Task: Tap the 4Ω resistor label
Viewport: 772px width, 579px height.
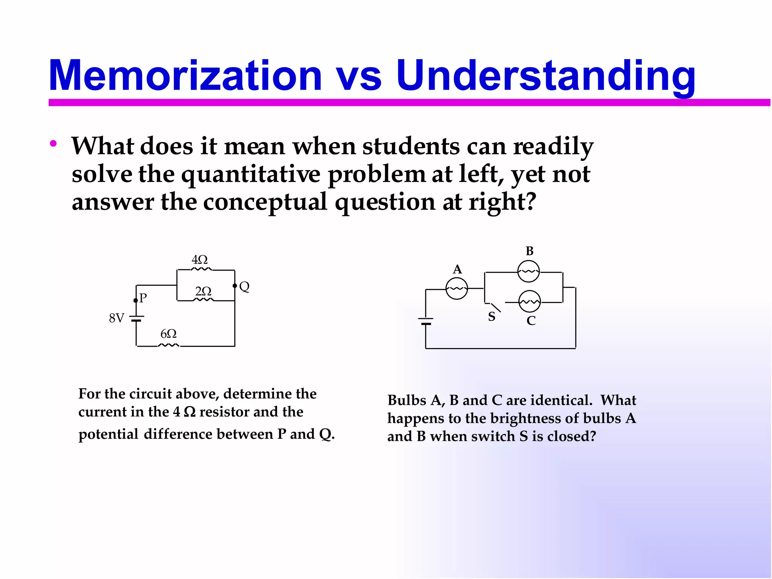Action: click(199, 260)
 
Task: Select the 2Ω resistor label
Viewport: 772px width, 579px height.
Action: click(203, 291)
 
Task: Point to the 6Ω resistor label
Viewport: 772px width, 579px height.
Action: click(168, 334)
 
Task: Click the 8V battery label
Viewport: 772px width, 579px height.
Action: click(116, 318)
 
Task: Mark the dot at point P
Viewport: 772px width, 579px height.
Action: click(136, 300)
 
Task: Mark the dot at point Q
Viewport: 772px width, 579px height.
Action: click(235, 286)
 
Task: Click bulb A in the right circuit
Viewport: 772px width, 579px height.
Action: click(456, 289)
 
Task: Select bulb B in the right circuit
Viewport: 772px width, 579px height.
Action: click(528, 271)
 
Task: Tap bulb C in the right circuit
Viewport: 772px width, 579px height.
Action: click(530, 302)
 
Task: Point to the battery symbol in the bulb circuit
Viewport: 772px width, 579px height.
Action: click(426, 322)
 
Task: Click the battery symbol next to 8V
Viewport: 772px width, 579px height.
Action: click(136, 319)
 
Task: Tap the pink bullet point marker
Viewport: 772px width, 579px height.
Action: click(53, 143)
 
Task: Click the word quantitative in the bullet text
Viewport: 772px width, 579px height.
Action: click(251, 175)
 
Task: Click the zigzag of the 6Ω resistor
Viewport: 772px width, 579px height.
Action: click(168, 345)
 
